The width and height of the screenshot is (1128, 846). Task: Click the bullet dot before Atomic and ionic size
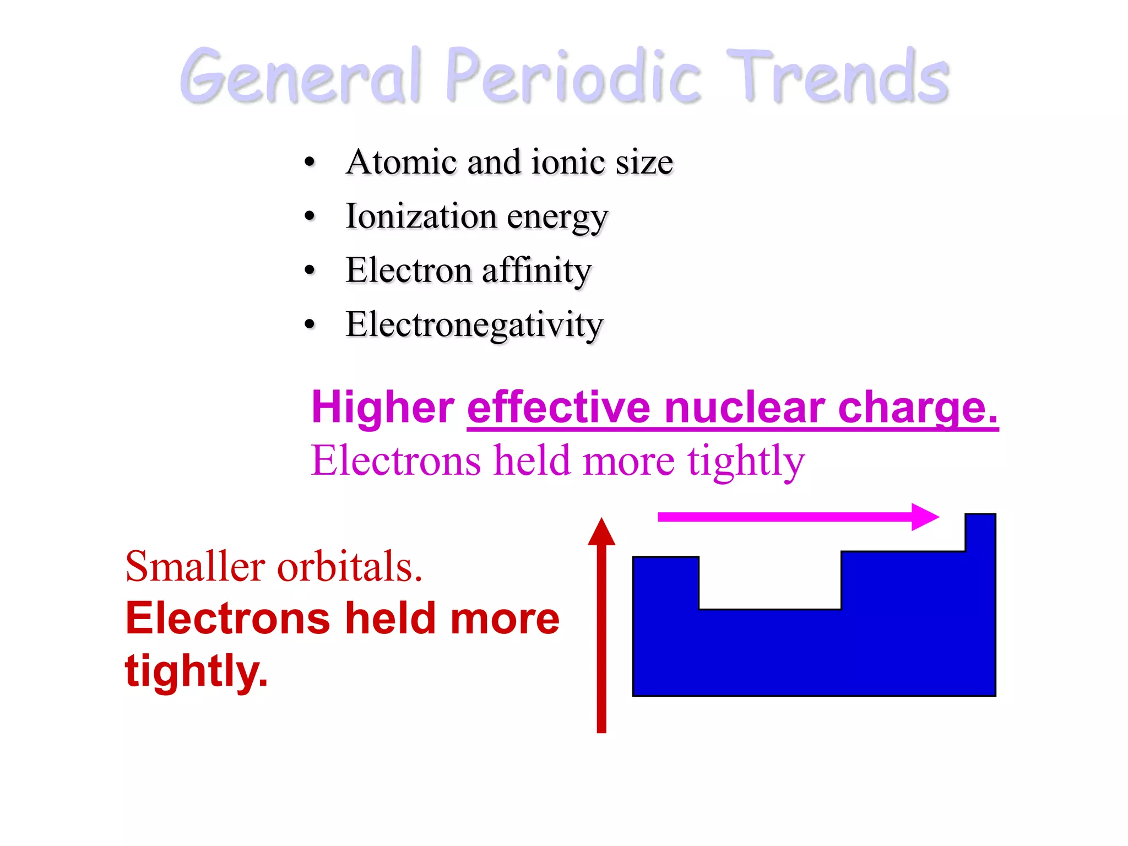click(x=310, y=162)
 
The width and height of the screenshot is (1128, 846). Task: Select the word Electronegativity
click(x=474, y=325)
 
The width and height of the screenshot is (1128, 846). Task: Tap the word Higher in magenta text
click(x=383, y=408)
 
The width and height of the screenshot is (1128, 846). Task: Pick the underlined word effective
click(x=559, y=408)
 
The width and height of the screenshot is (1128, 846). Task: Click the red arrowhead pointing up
click(x=601, y=532)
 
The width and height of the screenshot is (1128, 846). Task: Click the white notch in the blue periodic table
click(x=770, y=581)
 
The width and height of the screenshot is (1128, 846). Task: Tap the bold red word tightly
click(x=196, y=671)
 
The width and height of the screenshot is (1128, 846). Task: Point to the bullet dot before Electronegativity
click(x=310, y=325)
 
